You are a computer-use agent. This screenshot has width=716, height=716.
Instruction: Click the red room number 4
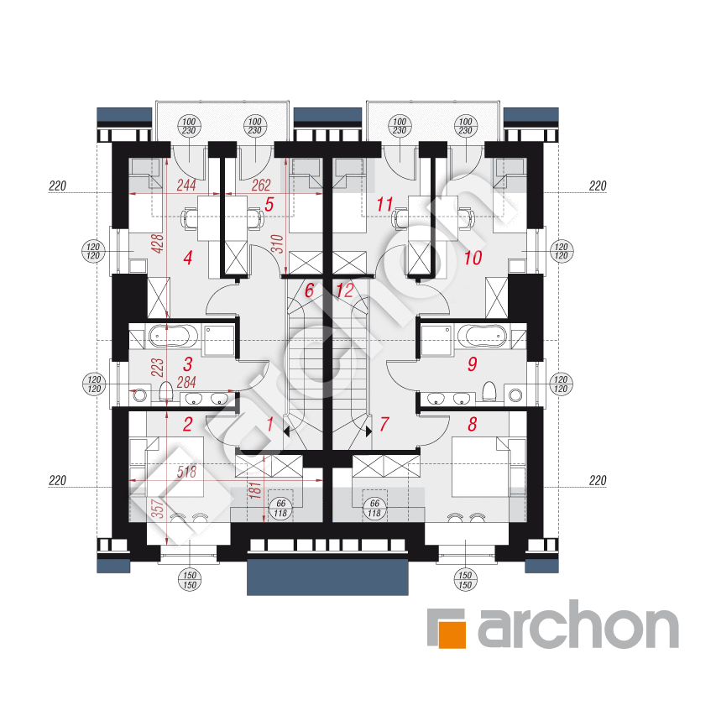coord(188,258)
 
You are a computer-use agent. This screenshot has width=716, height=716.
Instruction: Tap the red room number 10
coord(473,258)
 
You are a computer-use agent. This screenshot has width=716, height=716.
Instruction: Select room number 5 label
coord(269,205)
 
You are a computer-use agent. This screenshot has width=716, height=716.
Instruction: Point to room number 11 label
coord(384,205)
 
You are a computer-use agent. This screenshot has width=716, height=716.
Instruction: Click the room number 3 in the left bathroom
coord(188,364)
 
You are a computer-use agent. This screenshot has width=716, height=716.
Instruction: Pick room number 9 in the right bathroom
coord(473,364)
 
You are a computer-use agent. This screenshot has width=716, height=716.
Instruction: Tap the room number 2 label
coord(188,424)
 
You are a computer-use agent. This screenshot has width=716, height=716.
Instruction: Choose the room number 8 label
coord(473,424)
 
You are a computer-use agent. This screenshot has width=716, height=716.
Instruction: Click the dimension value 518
coord(186,472)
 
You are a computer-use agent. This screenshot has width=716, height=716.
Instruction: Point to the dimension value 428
coord(157,243)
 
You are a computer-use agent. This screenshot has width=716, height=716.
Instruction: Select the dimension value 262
coord(261,186)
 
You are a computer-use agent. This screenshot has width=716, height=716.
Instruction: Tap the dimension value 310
coord(277,243)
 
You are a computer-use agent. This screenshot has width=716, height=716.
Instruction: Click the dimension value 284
coord(186,382)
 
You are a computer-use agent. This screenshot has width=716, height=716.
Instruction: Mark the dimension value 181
coord(255,489)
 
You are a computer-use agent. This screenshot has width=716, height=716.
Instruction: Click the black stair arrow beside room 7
coord(368,431)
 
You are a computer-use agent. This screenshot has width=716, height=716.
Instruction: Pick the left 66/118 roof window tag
coord(280,508)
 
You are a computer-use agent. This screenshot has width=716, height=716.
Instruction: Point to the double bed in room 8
coord(480,467)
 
